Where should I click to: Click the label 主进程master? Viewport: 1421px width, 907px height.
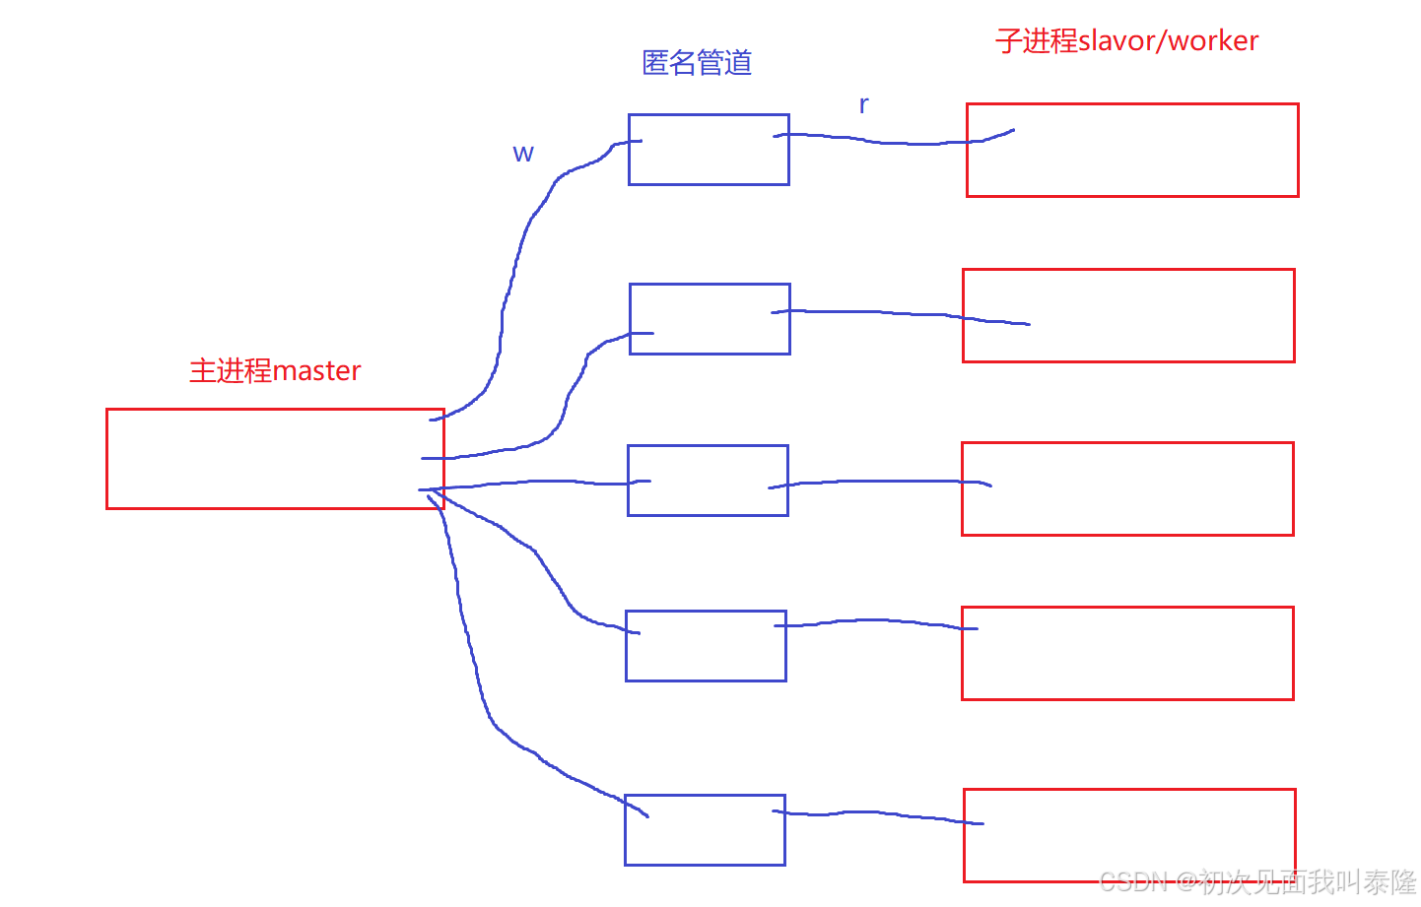click(x=275, y=371)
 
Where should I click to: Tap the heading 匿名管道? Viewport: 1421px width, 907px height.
click(x=697, y=63)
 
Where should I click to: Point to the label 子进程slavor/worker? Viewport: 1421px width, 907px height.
click(x=1126, y=41)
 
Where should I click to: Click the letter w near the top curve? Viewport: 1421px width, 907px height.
click(x=523, y=154)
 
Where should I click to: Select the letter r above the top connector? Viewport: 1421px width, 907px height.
click(x=863, y=104)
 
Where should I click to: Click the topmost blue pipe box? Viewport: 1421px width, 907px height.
click(x=709, y=150)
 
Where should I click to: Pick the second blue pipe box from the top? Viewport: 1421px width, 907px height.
click(x=710, y=319)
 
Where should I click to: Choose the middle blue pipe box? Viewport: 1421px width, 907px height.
click(x=708, y=481)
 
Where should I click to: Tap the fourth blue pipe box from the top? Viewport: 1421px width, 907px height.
click(x=706, y=646)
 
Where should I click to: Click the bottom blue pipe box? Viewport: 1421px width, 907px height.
click(x=705, y=830)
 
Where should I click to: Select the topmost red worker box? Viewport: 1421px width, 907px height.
click(x=1132, y=150)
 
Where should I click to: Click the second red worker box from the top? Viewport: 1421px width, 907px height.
click(x=1128, y=315)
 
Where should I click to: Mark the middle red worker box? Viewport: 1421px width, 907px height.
click(x=1127, y=488)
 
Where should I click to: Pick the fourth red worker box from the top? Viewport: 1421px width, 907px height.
click(x=1127, y=653)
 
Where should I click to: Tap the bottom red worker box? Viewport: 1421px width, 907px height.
click(x=1129, y=835)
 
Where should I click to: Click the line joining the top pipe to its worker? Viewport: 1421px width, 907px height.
click(x=877, y=142)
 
